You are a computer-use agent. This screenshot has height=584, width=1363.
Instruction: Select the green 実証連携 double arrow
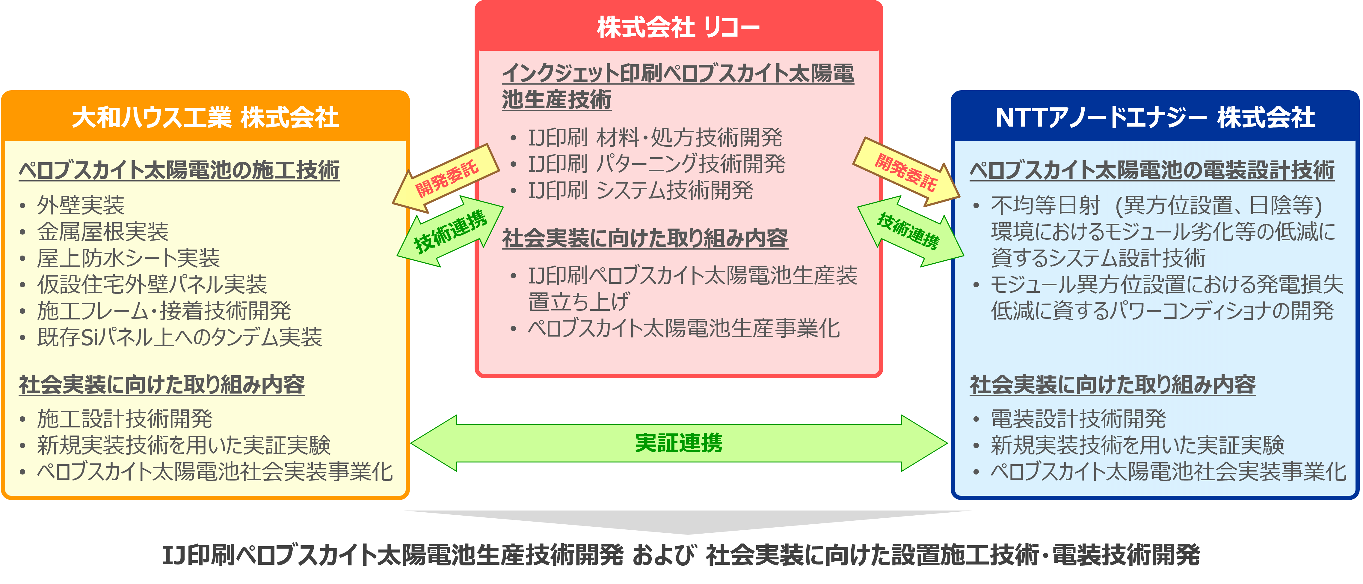679,443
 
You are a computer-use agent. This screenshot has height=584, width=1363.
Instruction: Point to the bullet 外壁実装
80,205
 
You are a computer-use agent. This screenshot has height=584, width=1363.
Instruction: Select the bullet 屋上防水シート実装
128,258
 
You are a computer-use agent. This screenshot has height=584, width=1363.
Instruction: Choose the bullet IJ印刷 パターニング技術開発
656,164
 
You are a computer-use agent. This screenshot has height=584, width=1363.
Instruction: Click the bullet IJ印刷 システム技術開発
640,190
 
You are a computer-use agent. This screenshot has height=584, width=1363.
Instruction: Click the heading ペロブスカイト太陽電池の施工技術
179,170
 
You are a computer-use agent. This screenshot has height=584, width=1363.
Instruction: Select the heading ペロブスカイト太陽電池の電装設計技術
1152,170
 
